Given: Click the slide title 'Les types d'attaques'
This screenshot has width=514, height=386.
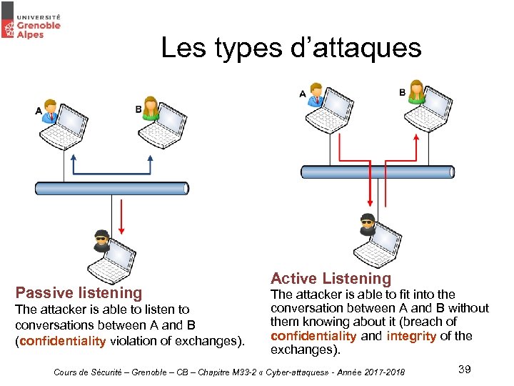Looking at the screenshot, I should [x=291, y=48].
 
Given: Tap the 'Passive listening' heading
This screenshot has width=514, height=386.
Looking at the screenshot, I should [x=79, y=292].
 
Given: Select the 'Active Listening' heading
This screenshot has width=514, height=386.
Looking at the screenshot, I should [x=331, y=279].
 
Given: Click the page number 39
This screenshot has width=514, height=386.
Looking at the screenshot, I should [x=464, y=369].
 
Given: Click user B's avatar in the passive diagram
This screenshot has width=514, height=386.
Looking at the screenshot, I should [x=150, y=108].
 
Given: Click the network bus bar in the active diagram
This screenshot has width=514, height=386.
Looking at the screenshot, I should [x=377, y=172].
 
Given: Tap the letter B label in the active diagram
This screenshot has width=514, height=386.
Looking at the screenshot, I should [x=402, y=93].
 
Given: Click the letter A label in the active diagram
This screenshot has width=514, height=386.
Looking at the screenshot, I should [x=303, y=94].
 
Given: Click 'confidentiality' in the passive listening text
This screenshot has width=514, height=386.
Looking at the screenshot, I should [x=63, y=341].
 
